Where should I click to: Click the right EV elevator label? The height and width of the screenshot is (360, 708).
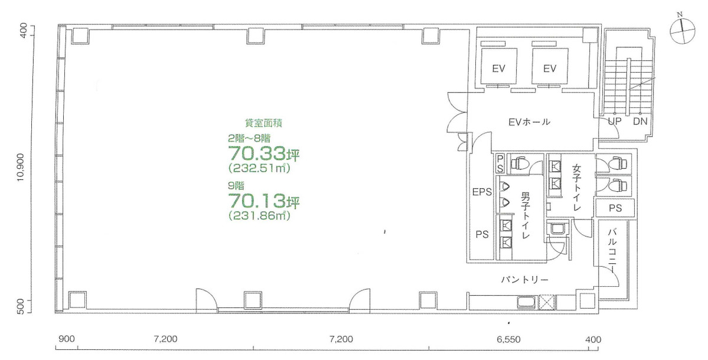pyautogui.click(x=550, y=68)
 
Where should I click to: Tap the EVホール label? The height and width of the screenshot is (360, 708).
pyautogui.click(x=529, y=123)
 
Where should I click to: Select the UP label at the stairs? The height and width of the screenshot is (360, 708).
pyautogui.click(x=615, y=122)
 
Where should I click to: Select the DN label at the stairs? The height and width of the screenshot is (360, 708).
pyautogui.click(x=640, y=122)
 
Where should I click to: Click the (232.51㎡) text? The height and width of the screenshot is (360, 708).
pyautogui.click(x=260, y=169)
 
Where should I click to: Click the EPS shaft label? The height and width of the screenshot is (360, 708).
pyautogui.click(x=482, y=192)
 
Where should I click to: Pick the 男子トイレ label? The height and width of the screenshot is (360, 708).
pyautogui.click(x=525, y=215)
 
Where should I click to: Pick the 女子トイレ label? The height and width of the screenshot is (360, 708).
pyautogui.click(x=577, y=188)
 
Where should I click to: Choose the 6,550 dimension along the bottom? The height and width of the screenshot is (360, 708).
pyautogui.click(x=508, y=339)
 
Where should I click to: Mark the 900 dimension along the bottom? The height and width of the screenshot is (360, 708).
pyautogui.click(x=67, y=339)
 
